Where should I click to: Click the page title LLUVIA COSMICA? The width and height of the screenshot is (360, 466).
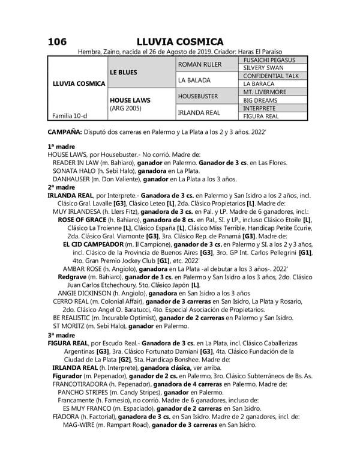(x=179, y=41)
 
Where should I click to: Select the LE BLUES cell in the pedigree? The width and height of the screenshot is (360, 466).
(x=124, y=72)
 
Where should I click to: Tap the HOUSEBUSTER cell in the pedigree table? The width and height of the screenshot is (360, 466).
(x=202, y=96)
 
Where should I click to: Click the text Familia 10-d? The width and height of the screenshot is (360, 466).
(x=67, y=116)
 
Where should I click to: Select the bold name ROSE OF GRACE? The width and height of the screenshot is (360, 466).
(x=81, y=220)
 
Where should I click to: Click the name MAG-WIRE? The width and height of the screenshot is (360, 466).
(x=80, y=425)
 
